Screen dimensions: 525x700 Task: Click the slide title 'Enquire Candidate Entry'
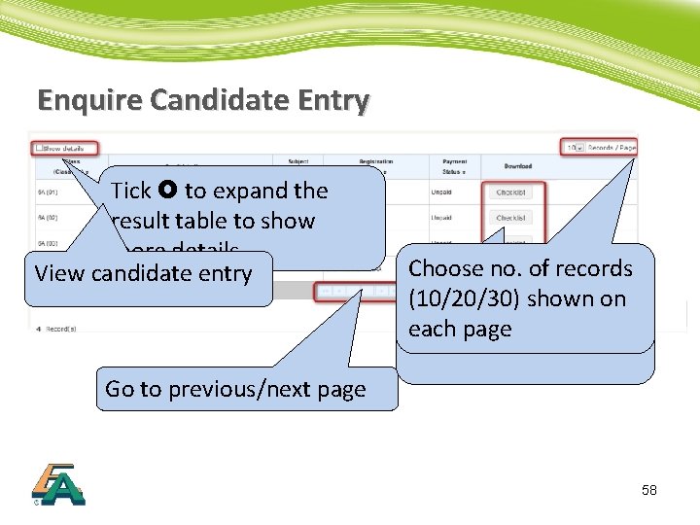coord(203,99)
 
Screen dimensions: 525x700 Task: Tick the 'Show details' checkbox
coord(40,149)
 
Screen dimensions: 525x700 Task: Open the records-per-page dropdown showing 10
coord(577,148)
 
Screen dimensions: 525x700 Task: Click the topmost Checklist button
coord(510,192)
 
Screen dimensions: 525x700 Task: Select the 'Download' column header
coord(518,166)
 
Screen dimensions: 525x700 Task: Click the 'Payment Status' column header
coord(454,166)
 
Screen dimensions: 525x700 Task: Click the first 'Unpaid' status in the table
coord(441,192)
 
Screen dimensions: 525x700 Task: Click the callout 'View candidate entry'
coord(144,274)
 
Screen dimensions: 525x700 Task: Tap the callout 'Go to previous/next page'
coord(235,389)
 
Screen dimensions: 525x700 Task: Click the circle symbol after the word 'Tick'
coord(168,191)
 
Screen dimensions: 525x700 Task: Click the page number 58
coord(649,490)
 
